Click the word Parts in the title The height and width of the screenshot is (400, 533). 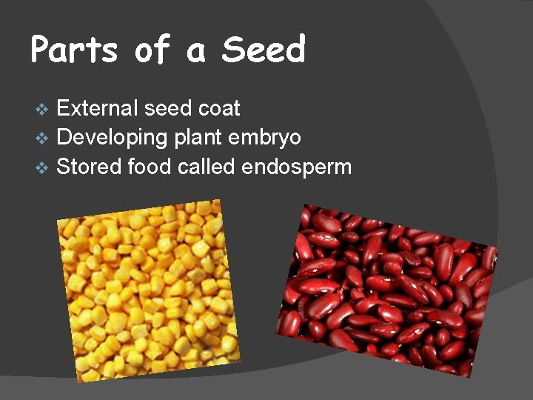(75, 50)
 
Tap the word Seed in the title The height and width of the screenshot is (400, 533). (264, 50)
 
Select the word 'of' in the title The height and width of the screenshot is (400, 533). (152, 50)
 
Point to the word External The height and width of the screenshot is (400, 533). (97, 108)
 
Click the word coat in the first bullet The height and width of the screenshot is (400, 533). (219, 109)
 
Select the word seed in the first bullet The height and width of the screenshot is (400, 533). (167, 108)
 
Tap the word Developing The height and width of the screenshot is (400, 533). (112, 138)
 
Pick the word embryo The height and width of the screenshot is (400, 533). (265, 139)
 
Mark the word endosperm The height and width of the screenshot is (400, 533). (297, 167)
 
